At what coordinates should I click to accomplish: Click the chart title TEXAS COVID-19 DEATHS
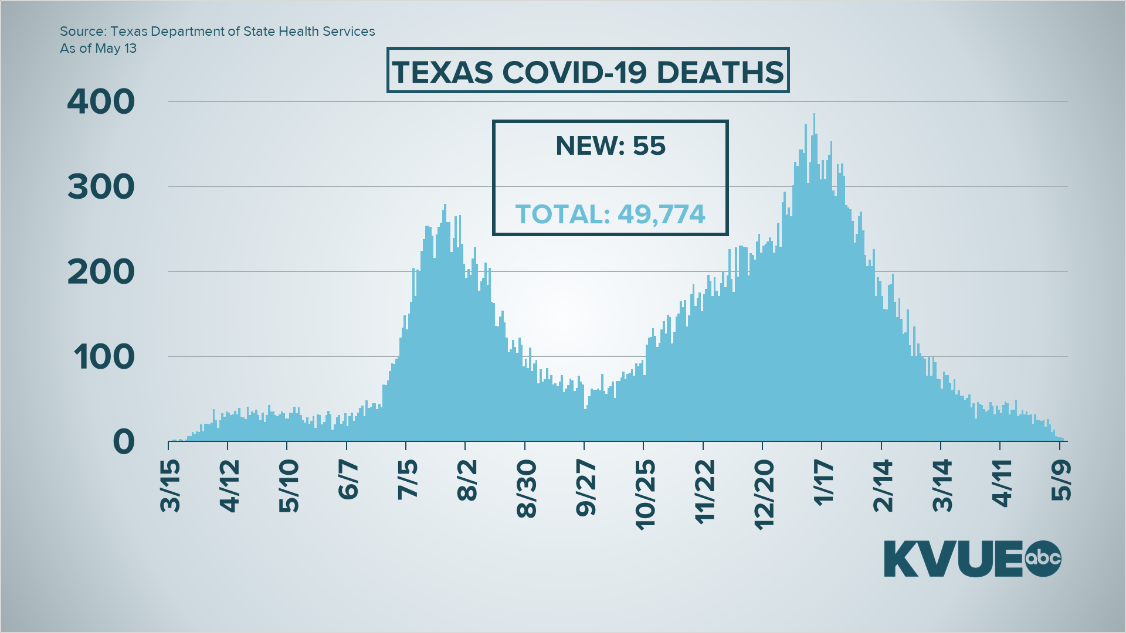pyautogui.click(x=588, y=72)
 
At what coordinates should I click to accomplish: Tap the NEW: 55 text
pyautogui.click(x=611, y=146)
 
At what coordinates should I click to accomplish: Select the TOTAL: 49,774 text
pyautogui.click(x=610, y=215)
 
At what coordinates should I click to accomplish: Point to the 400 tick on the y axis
pyautogui.click(x=101, y=102)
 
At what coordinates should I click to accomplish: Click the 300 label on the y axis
pyautogui.click(x=101, y=187)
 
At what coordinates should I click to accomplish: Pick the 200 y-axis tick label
pyautogui.click(x=101, y=272)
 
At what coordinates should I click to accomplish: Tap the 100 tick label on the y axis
pyautogui.click(x=104, y=357)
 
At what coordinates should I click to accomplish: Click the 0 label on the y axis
pyautogui.click(x=124, y=442)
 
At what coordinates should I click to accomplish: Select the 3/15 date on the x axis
pyautogui.click(x=170, y=486)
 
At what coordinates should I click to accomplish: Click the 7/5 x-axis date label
pyautogui.click(x=408, y=480)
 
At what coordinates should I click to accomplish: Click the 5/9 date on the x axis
pyautogui.click(x=1061, y=480)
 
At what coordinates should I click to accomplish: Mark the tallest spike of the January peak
pyautogui.click(x=814, y=116)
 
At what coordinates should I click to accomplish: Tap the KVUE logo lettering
pyautogui.click(x=953, y=559)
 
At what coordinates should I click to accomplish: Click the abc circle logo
pyautogui.click(x=1043, y=558)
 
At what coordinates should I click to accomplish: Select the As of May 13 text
pyautogui.click(x=98, y=49)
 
